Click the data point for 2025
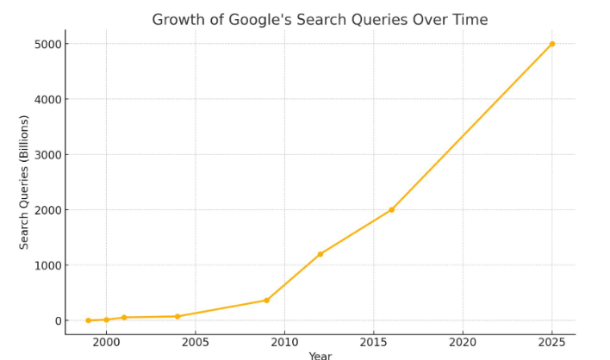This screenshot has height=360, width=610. coord(552,44)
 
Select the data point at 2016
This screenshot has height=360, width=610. coord(392,210)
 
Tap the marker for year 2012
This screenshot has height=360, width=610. coord(321,254)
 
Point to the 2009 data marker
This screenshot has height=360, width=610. coord(267,301)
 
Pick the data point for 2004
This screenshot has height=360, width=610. coord(177,316)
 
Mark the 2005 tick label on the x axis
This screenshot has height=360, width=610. coord(196,342)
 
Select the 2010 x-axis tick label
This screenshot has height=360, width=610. coord(284,342)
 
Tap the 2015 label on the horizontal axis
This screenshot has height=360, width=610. coord(374,342)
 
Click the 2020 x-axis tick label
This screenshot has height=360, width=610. coord(463,342)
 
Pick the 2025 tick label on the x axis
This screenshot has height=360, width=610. coord(552,342)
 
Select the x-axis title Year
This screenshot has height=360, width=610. coord(321,356)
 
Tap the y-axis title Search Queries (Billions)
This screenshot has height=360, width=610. coord(25,182)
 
